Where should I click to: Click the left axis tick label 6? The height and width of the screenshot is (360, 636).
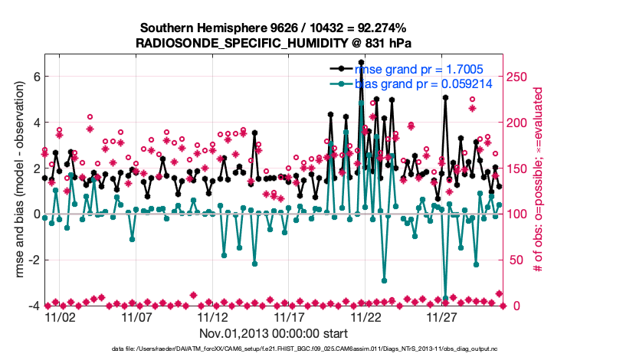point(35,77)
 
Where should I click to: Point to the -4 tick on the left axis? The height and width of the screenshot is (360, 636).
point(33,306)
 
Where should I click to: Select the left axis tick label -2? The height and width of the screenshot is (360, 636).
point(33,260)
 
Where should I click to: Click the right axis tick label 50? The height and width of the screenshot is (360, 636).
point(514,260)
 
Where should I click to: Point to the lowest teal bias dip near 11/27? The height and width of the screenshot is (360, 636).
point(445,298)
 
